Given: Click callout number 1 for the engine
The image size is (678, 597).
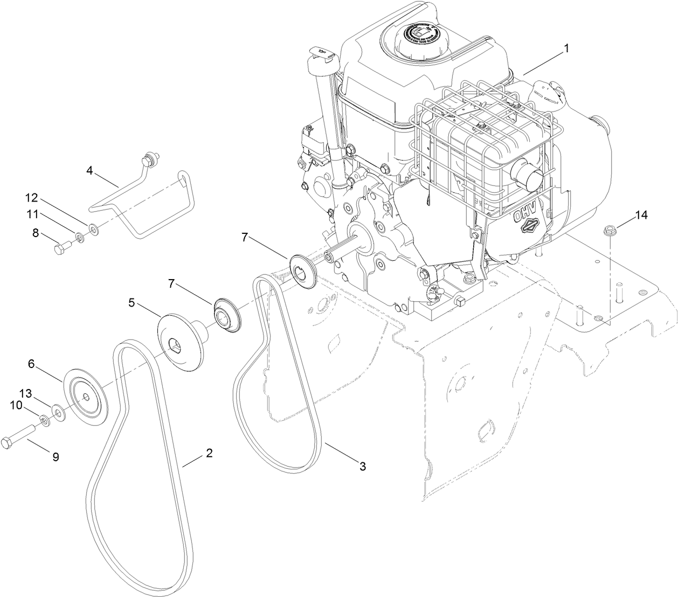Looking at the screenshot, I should (x=566, y=48).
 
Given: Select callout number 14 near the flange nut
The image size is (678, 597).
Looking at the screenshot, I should (x=640, y=215).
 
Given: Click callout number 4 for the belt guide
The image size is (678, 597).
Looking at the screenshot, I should (x=89, y=170).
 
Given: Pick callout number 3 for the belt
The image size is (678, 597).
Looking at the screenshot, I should (x=363, y=466).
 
